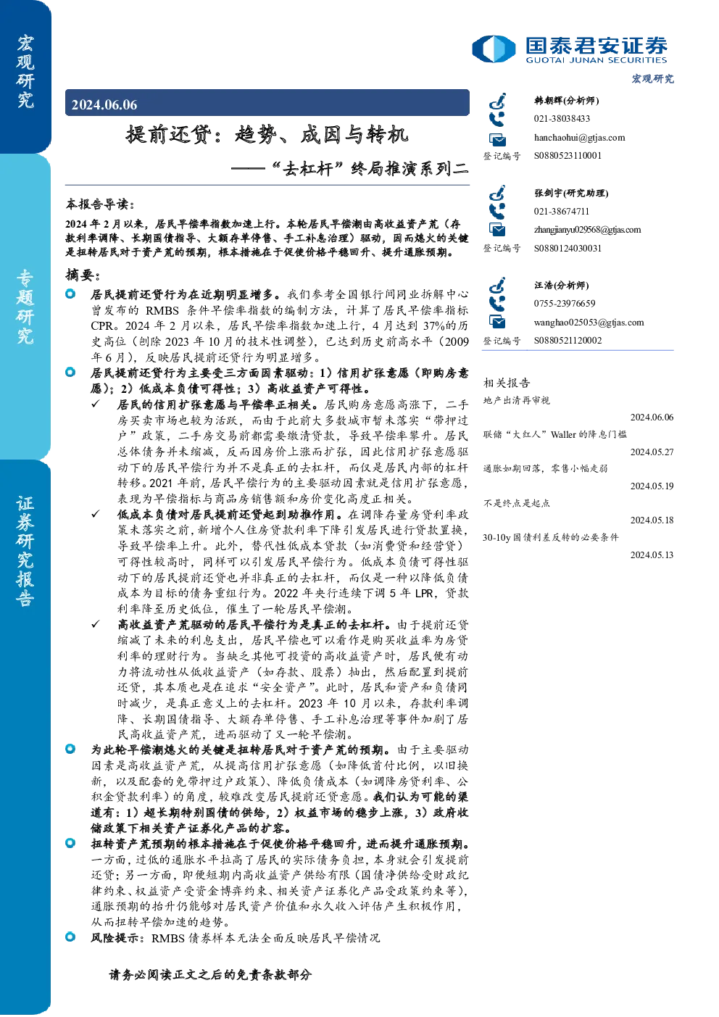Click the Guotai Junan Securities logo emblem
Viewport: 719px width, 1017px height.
(494, 49)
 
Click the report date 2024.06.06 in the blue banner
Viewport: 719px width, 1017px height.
(104, 105)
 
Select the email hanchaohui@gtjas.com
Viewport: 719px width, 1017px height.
(579, 138)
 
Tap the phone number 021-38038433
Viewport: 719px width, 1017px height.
(562, 118)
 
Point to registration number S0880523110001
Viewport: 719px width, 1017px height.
(568, 156)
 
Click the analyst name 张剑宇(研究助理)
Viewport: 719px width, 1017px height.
(571, 193)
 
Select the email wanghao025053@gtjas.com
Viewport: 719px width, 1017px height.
(589, 323)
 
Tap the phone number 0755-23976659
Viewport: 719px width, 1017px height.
(564, 303)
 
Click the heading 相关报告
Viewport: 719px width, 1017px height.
(507, 383)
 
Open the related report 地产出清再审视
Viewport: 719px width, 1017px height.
(516, 400)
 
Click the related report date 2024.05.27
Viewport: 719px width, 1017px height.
(652, 452)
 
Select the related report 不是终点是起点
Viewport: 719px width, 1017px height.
(516, 503)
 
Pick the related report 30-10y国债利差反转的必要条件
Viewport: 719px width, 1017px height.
(551, 538)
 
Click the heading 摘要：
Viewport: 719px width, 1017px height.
(82, 275)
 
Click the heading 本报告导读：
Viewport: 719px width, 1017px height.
(100, 204)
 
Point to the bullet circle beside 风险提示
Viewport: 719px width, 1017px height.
(70, 937)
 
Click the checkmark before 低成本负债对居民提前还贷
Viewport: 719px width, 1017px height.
(96, 514)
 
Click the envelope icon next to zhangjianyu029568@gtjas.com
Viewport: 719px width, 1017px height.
(497, 230)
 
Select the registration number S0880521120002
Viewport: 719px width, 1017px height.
(568, 341)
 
